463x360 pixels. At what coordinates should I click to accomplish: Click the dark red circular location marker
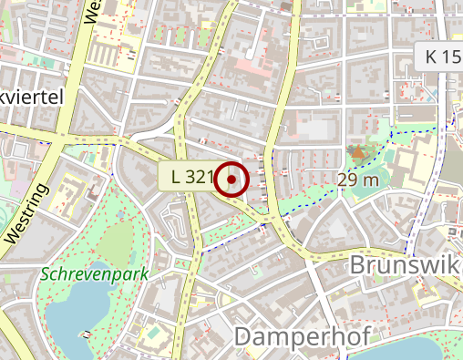click(x=232, y=180)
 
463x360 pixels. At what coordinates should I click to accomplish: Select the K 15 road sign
click(x=442, y=56)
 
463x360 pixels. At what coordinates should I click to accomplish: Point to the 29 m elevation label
click(x=357, y=180)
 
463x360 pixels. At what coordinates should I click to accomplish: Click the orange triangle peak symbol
click(x=355, y=152)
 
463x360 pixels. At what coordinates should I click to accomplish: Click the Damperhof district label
click(x=302, y=336)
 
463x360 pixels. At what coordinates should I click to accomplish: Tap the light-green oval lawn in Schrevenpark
click(x=117, y=242)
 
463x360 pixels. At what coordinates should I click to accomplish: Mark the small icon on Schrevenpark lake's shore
click(x=87, y=334)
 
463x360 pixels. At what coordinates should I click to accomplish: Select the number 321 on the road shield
click(x=198, y=176)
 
